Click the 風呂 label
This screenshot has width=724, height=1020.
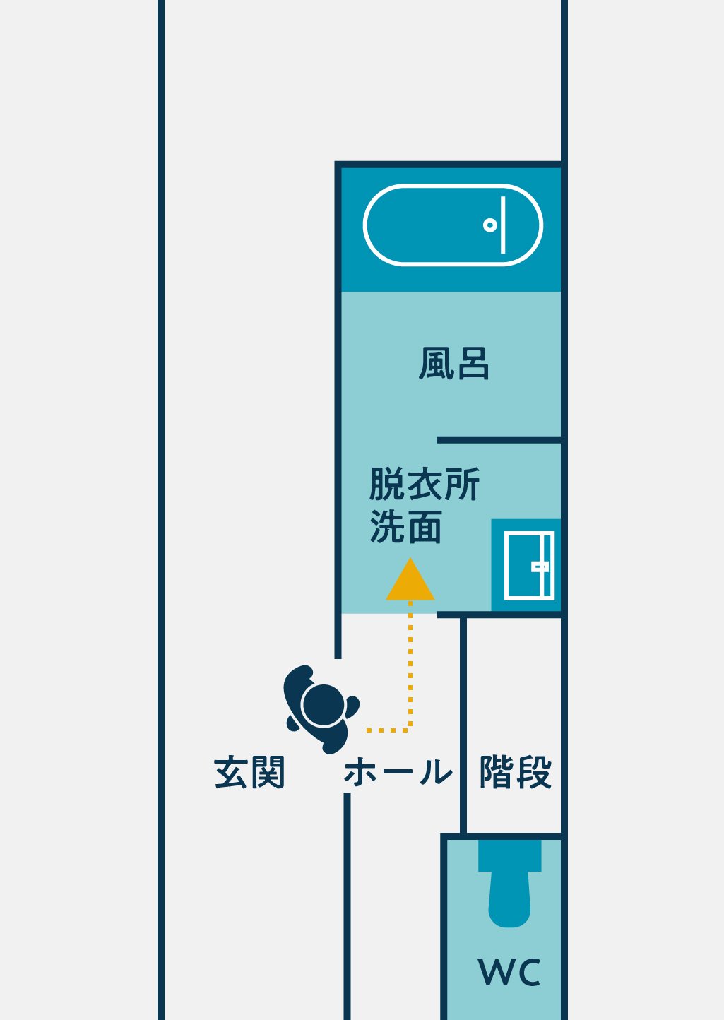453,364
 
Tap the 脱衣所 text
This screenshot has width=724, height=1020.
424,485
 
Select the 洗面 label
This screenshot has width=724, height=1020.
405,527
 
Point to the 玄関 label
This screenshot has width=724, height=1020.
249,772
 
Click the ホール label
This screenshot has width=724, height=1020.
398,772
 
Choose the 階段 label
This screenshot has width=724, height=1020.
515,772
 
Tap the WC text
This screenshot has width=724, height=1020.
509,973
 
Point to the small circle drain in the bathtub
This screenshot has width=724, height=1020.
489,225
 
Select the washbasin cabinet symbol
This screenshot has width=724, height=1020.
528,566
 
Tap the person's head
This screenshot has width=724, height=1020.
323,705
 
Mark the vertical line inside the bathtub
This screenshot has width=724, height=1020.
503,225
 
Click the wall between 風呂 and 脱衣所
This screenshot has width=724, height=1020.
498,440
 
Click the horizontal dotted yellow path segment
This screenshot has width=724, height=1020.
387,730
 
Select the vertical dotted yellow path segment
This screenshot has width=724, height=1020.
410,664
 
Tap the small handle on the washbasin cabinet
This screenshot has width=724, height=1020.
540,567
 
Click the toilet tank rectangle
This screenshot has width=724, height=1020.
509,855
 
